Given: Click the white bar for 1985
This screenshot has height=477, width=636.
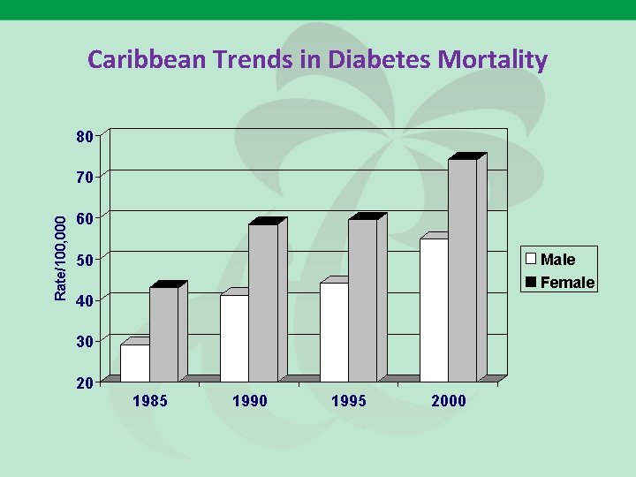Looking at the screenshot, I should coord(135,363).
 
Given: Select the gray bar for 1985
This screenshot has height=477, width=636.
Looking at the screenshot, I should coord(163,334).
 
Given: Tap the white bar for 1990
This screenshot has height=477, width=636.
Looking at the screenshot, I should coord(234,338).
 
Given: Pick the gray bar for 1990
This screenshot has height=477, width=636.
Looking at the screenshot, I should coord(263,303).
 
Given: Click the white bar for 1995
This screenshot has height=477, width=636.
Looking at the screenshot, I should coord(334,332).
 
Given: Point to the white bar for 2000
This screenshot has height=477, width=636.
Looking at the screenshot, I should coord(434,310).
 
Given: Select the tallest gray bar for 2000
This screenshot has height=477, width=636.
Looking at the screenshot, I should coord(462,270).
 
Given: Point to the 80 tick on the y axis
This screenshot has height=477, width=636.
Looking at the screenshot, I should coord(85,137).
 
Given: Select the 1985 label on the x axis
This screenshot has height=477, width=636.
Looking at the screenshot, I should coord(149,401).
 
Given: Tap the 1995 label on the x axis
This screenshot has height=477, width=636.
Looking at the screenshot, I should coord(348,401).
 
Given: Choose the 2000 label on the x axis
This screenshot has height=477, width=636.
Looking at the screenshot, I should coord(448,401).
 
